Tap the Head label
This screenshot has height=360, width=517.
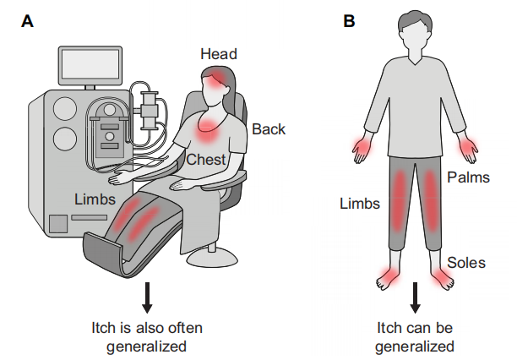[x=218, y=54]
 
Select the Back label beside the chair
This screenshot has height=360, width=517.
[x=269, y=129]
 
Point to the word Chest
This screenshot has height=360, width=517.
[x=205, y=160]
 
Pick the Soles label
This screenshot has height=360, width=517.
[x=466, y=263]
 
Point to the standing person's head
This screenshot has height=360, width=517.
[x=416, y=34]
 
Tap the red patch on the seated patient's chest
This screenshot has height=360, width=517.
[x=207, y=131]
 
